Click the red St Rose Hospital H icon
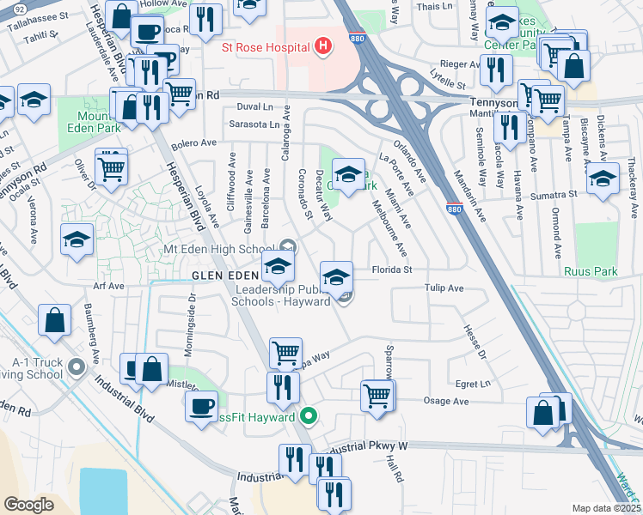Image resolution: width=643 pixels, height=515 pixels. tap(323, 45)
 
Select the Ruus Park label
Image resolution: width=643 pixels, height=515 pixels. tap(591, 271)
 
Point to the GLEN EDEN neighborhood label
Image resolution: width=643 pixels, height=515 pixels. tap(224, 275)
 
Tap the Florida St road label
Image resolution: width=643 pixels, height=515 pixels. tap(393, 270)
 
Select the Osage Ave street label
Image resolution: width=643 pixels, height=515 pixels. tap(448, 401)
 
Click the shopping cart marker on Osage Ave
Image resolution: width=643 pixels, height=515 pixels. tap(377, 396)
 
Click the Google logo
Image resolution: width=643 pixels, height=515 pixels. tap(28, 505)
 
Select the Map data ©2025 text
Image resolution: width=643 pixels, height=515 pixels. tap(607, 508)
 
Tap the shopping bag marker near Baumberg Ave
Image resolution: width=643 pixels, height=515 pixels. tap(54, 320)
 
